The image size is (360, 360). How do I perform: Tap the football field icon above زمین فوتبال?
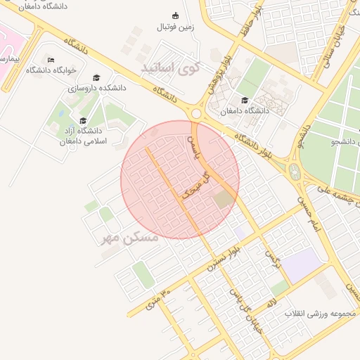[x=176, y=16]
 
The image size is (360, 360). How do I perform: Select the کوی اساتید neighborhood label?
[x=170, y=68]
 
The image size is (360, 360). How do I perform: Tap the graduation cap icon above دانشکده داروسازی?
[x=96, y=77]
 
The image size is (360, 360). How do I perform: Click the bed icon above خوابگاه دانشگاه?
[x=50, y=58]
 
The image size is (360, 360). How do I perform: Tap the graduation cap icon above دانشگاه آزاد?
[x=83, y=120]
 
